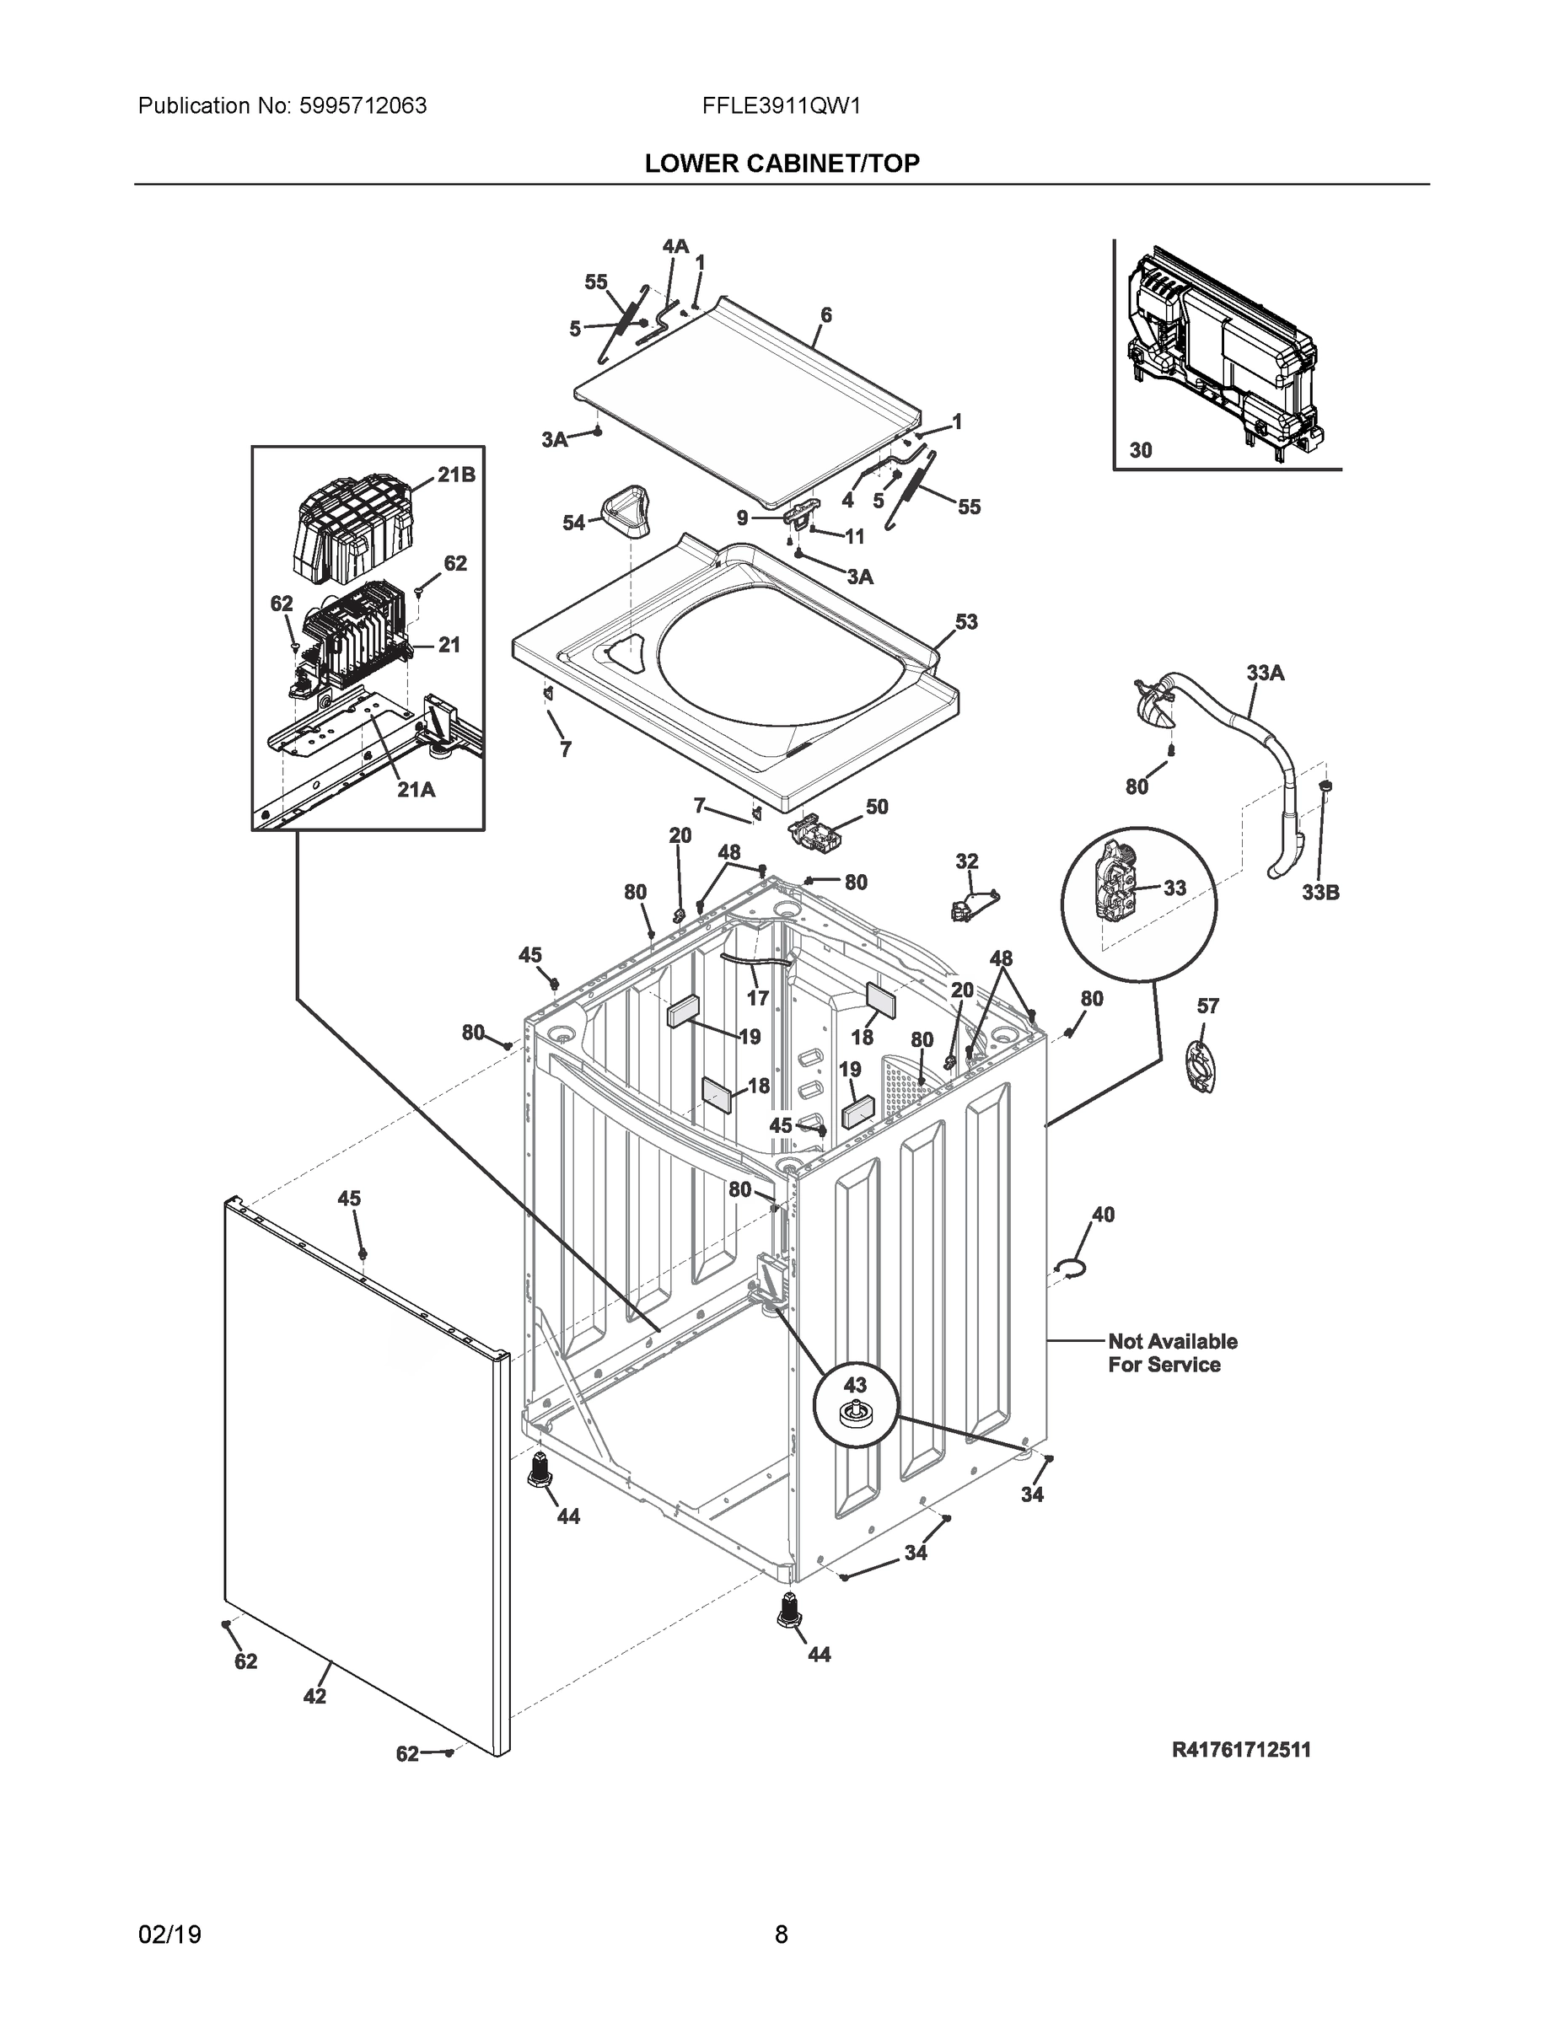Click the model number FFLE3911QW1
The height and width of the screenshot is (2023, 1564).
coord(781,106)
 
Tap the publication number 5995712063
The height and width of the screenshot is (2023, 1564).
coord(363,106)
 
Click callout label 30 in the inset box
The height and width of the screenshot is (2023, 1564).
coord(1140,450)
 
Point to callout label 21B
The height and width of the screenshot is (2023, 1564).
coord(456,475)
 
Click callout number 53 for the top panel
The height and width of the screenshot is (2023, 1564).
coord(965,621)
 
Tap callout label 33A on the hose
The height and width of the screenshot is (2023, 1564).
coord(1265,673)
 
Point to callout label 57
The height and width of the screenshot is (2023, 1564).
coord(1207,1006)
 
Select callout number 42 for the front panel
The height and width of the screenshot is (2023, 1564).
coord(314,1696)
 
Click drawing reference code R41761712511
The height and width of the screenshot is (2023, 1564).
coord(1240,1750)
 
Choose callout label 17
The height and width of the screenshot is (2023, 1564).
coord(757,998)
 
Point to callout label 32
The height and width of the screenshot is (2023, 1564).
coord(966,861)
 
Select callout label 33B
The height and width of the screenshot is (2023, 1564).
coord(1319,893)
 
